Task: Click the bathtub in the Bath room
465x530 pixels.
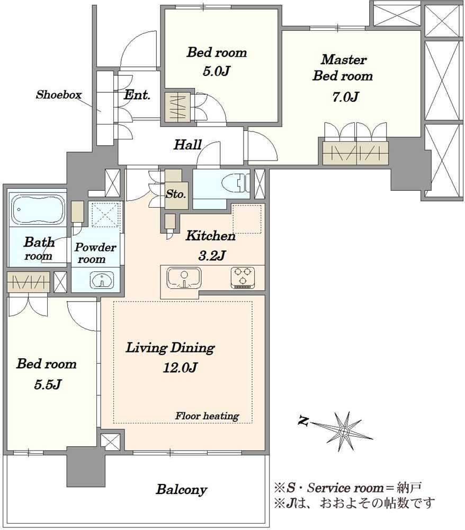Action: pos(38,210)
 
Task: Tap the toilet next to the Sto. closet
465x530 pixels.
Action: pos(236,183)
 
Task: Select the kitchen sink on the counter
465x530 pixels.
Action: pos(184,278)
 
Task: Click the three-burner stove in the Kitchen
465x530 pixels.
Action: pos(243,278)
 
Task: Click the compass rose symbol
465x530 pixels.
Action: pos(344,431)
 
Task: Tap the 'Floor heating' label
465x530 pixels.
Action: pos(207,416)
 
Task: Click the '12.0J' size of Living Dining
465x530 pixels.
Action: pos(180,367)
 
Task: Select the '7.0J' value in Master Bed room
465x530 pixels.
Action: pos(345,97)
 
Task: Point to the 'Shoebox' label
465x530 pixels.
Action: pos(59,94)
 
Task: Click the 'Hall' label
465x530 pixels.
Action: pos(188,145)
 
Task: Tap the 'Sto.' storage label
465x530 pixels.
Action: pos(176,194)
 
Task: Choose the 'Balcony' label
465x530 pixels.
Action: pos(181,490)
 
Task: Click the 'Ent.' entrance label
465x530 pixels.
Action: pos(137,95)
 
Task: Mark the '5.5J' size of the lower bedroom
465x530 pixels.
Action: pos(47,384)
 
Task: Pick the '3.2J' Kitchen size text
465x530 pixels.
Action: pos(211,255)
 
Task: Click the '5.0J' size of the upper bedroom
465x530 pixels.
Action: pos(217,71)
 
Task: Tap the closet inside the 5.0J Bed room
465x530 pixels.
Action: pos(177,108)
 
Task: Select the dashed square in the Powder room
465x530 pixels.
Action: pos(106,215)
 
